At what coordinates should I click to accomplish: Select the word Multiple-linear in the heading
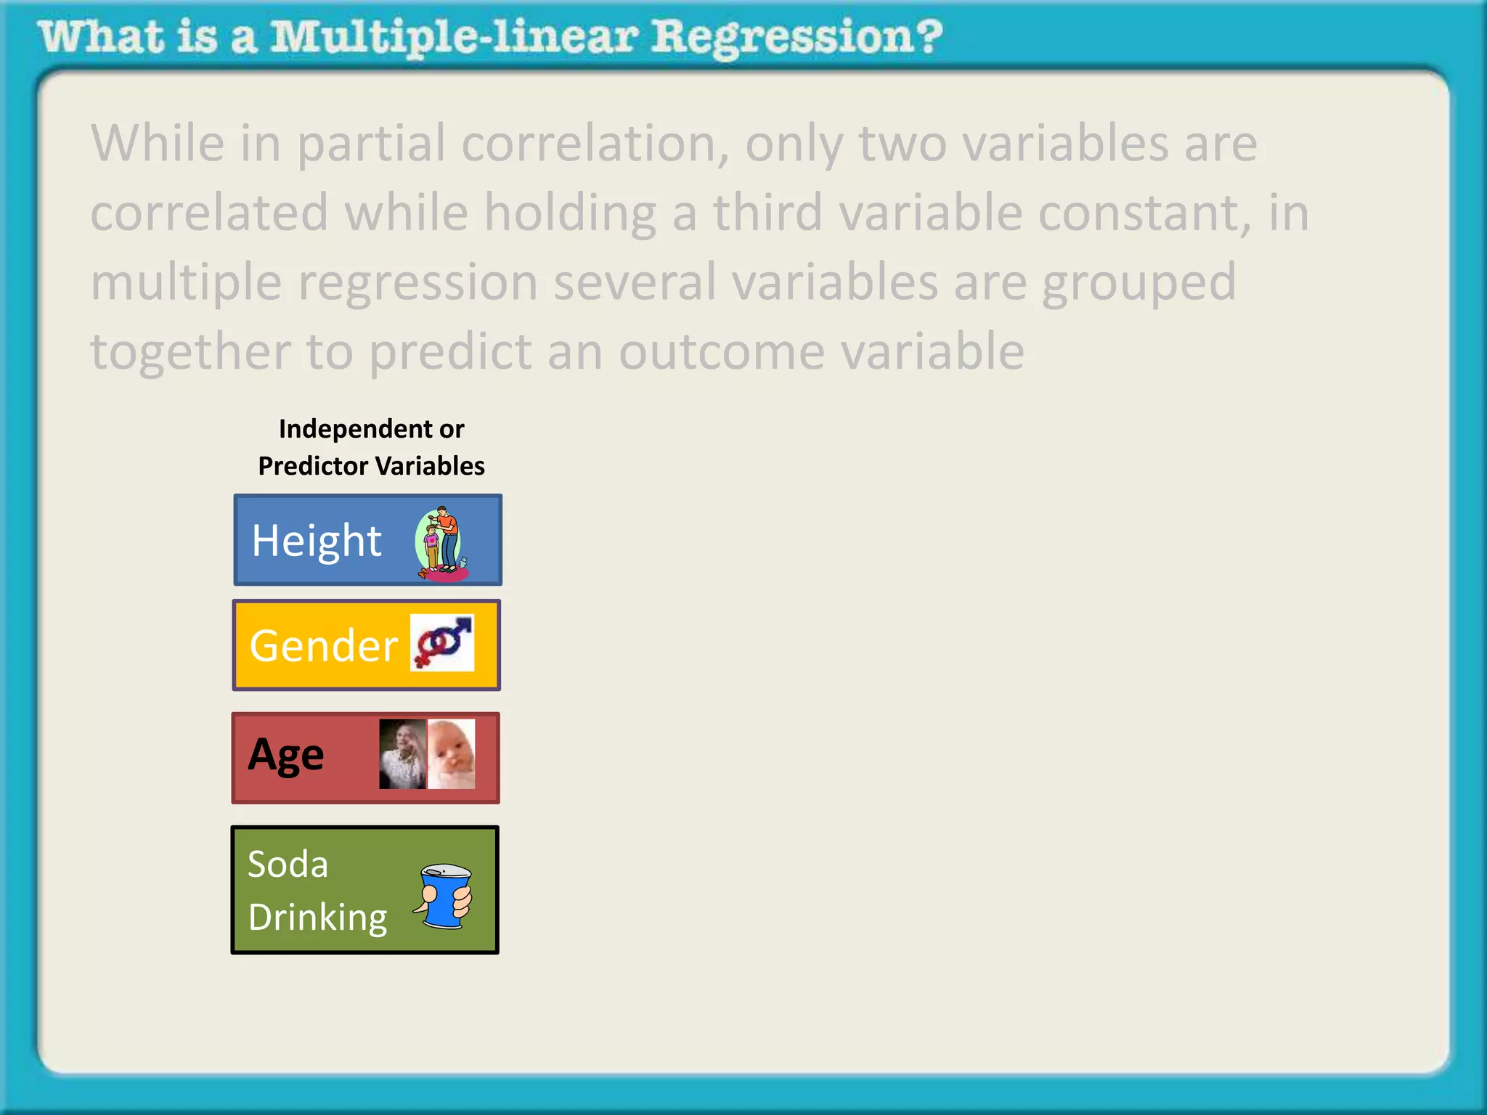click(x=454, y=38)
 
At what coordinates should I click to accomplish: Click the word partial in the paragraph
click(x=371, y=144)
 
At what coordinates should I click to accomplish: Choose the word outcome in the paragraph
click(x=722, y=352)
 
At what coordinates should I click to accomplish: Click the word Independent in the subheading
click(x=356, y=429)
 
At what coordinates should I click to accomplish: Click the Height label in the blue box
click(x=317, y=542)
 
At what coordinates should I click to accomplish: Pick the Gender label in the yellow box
click(x=323, y=645)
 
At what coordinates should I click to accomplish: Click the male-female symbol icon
click(x=442, y=642)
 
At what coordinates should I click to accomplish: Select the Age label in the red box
click(x=286, y=756)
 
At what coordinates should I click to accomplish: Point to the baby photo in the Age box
click(x=452, y=754)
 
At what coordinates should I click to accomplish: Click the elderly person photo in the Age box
click(x=402, y=754)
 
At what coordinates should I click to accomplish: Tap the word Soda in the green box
click(x=288, y=864)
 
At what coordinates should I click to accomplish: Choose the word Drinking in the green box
click(x=318, y=918)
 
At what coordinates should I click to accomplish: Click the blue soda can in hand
click(x=444, y=896)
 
